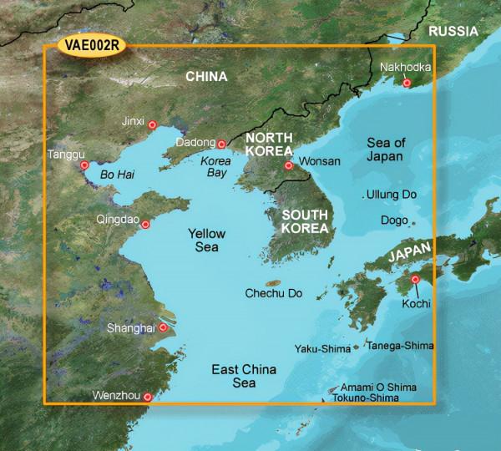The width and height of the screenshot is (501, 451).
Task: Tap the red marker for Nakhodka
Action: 407,83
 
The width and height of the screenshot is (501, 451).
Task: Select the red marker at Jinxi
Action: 152,126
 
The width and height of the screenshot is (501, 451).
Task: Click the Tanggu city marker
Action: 83,166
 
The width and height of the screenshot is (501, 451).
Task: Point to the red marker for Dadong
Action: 222,144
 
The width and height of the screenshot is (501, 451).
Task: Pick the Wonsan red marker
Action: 289,165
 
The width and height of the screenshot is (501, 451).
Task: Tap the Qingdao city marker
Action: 146,223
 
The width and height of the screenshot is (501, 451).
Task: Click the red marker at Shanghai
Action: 163,329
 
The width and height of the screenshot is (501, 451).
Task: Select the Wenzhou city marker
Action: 149,398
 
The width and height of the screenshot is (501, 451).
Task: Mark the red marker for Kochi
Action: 416,280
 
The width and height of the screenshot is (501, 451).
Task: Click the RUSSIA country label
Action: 451,31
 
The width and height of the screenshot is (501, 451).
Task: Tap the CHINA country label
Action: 206,77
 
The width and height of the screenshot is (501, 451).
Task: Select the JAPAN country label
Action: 408,254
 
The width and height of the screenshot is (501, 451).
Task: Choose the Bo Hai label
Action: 116,174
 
